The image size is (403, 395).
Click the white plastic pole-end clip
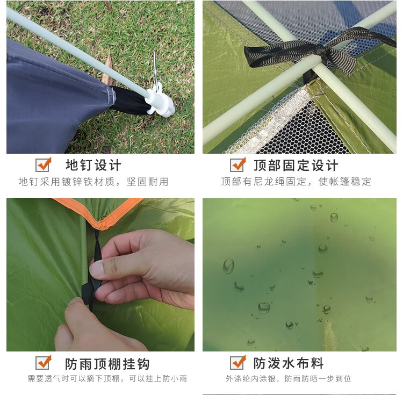click(x=161, y=100)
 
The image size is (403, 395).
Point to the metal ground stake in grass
click(x=155, y=69)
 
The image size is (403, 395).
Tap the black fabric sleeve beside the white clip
click(x=130, y=100)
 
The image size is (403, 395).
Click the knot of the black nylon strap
click(x=321, y=49)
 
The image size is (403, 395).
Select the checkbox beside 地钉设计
click(x=43, y=165)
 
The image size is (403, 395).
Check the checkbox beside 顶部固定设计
click(x=238, y=165)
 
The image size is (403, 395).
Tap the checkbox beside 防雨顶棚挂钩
click(x=43, y=362)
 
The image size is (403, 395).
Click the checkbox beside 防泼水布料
click(x=238, y=362)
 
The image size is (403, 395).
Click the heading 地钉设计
click(x=93, y=165)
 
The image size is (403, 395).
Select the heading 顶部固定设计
click(x=296, y=165)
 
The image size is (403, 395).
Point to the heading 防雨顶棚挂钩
click(x=107, y=363)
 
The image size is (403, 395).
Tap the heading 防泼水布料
click(x=289, y=363)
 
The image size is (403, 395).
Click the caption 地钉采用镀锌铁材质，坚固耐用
click(x=93, y=182)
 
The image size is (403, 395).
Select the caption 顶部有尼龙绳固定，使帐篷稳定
click(x=296, y=182)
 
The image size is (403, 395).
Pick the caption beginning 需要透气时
click(x=107, y=378)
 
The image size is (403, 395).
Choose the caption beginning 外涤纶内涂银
click(x=289, y=378)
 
